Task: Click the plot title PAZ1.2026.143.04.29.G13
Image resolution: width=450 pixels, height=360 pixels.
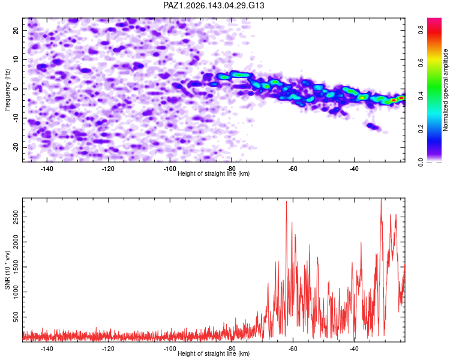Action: click(214, 5)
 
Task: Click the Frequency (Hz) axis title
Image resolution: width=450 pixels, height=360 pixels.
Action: click(7, 90)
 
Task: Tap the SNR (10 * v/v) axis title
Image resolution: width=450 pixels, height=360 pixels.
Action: click(7, 270)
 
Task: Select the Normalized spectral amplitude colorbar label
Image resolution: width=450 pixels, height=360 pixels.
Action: click(445, 90)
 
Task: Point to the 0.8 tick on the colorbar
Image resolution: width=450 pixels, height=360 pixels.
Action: click(421, 29)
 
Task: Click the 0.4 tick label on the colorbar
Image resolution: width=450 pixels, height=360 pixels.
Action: click(421, 95)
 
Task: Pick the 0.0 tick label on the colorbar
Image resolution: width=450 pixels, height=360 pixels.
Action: click(421, 162)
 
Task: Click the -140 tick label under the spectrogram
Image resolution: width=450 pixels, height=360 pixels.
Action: click(47, 169)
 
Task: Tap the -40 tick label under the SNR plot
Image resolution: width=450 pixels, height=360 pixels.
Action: click(354, 349)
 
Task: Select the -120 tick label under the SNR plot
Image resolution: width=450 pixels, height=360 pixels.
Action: click(108, 349)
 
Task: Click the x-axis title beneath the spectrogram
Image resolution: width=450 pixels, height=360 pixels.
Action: click(214, 173)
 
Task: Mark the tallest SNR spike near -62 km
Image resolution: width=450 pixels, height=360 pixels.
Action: click(286, 202)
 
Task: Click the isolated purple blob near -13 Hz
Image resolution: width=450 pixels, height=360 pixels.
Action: click(373, 127)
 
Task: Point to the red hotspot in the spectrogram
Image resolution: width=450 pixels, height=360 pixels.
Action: click(394, 100)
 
